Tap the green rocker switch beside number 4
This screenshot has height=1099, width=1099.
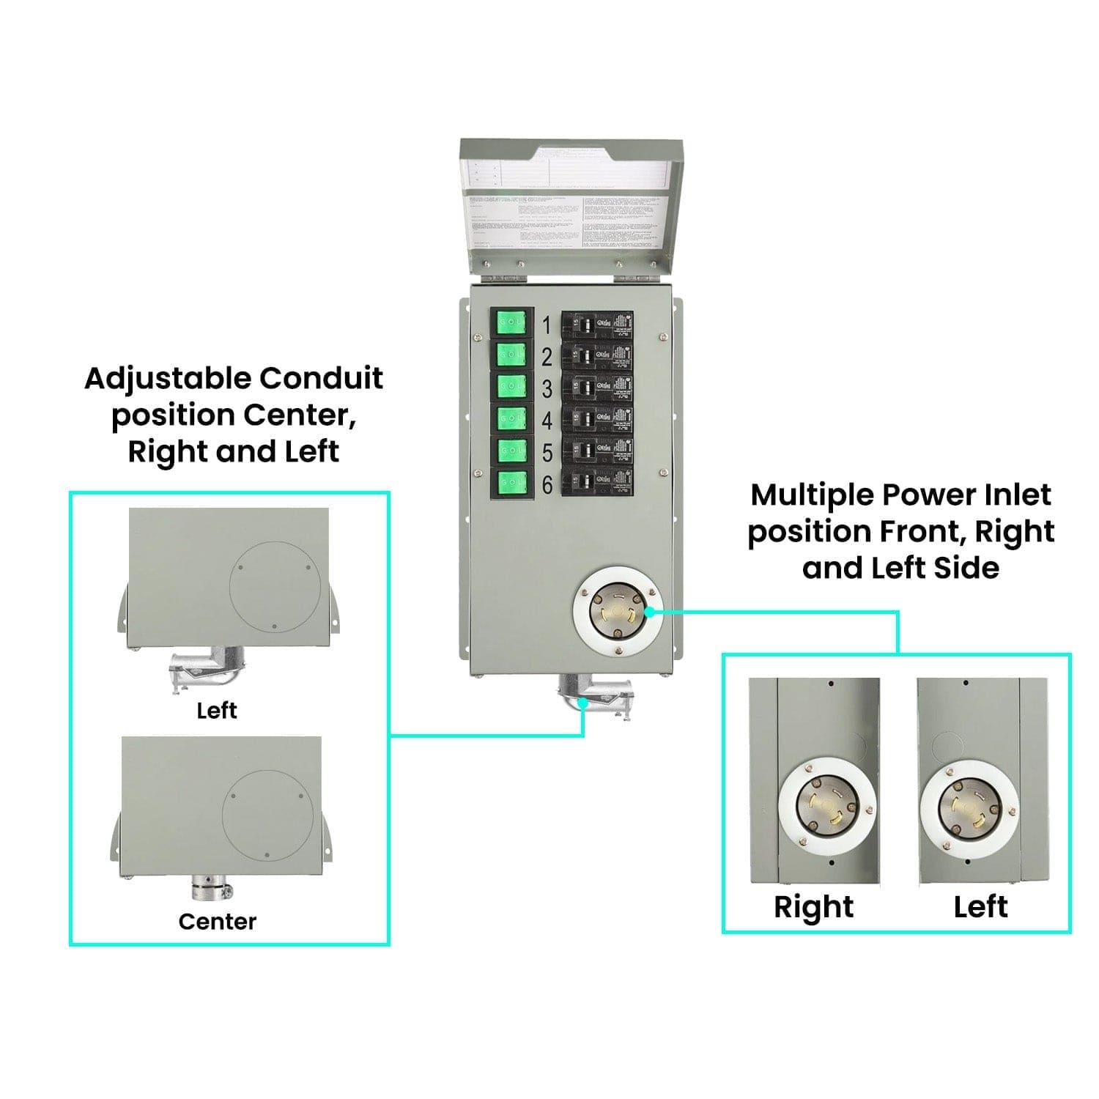[x=511, y=419]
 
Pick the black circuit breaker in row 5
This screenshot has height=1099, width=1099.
[x=597, y=452]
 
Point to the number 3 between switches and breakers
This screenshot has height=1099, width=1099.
[x=547, y=388]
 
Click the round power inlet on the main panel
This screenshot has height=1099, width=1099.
[x=614, y=613]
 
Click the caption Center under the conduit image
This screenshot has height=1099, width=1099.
[x=218, y=921]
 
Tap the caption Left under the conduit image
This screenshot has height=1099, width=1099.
[x=217, y=710]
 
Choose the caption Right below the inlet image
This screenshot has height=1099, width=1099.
[x=813, y=906]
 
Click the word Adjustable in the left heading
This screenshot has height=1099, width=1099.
[x=168, y=379]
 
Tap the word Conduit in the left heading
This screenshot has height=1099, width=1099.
[x=321, y=379]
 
